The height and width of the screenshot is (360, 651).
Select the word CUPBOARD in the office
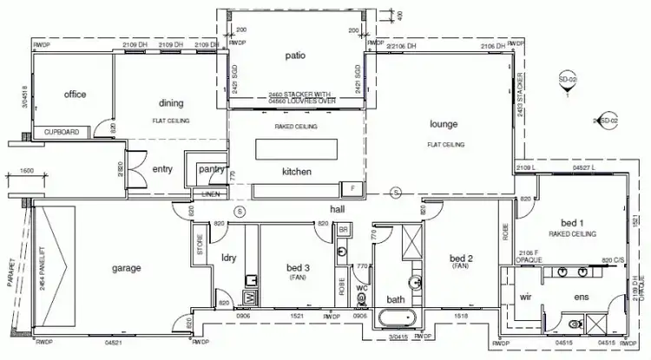pos(61,133)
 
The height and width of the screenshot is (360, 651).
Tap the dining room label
pos(170,108)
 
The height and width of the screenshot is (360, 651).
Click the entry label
pos(162,169)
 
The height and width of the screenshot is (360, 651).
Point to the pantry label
pos(211,169)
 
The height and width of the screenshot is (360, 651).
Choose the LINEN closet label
pos(211,194)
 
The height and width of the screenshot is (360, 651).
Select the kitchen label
pos(296,172)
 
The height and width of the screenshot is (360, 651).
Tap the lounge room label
pos(443,124)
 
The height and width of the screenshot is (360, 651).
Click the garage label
pos(126,268)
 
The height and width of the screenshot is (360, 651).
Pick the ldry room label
pos(230,259)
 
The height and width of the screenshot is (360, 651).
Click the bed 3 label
pos(298,268)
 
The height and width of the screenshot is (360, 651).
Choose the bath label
pos(396,299)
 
